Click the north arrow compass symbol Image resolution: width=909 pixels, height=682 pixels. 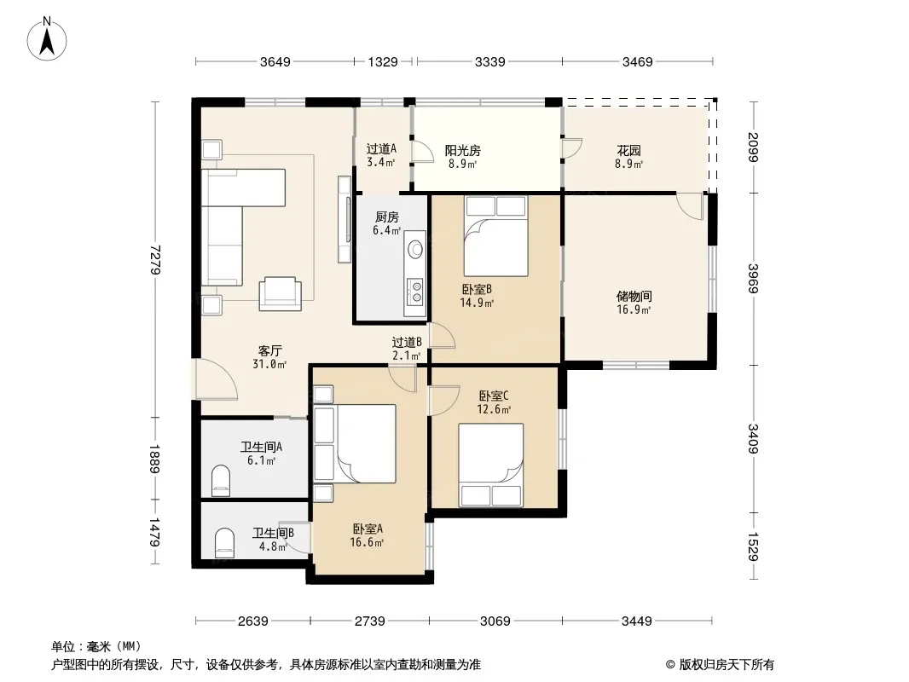tap(47, 39)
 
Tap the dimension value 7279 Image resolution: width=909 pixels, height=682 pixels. tap(155, 259)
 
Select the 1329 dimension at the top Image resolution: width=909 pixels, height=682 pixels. tap(383, 61)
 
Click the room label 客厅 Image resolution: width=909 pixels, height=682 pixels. tap(270, 350)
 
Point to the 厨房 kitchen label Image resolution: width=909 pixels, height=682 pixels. tap(387, 217)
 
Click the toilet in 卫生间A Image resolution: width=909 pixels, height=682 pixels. tap(221, 480)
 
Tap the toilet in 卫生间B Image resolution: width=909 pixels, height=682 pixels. tap(224, 542)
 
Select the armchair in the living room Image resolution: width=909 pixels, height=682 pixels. tap(280, 293)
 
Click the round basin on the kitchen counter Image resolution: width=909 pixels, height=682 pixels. tap(415, 250)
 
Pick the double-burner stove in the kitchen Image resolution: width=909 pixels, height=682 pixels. tap(415, 292)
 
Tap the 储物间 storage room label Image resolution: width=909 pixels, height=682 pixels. tap(634, 296)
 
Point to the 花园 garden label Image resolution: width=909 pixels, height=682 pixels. tap(629, 151)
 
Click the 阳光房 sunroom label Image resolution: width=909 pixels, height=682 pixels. tap(463, 151)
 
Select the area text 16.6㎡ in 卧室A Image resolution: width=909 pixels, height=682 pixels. tap(367, 542)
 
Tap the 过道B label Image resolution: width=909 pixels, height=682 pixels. tap(407, 343)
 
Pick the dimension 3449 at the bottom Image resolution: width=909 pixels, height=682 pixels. tap(637, 621)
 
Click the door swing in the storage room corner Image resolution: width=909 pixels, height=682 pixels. tap(690, 207)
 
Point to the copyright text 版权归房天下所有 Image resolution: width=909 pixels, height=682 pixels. tap(727, 665)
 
